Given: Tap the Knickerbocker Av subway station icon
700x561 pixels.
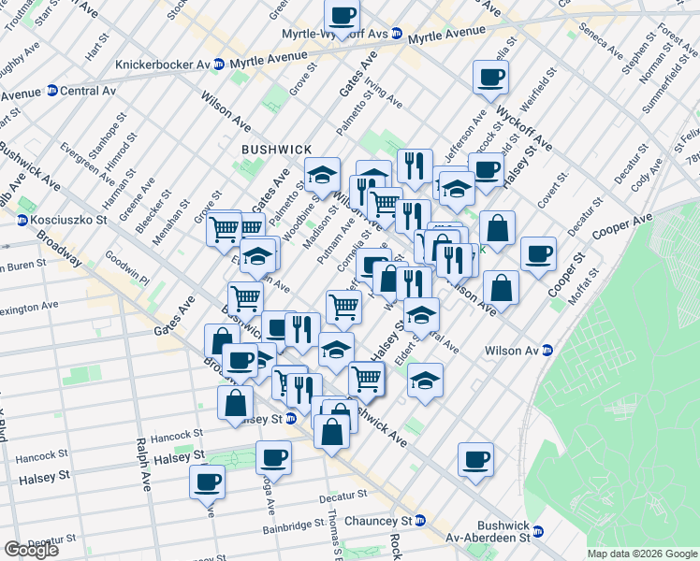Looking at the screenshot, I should pyautogui.click(x=219, y=65).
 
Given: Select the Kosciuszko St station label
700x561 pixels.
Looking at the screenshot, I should pyautogui.click(x=70, y=220).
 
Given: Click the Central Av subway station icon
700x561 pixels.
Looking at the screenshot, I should pyautogui.click(x=52, y=92).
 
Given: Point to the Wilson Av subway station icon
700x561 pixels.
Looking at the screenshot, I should pyautogui.click(x=548, y=351).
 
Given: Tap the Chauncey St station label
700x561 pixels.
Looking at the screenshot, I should pyautogui.click(x=374, y=520).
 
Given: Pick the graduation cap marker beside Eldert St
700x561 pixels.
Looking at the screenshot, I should pyautogui.click(x=425, y=380).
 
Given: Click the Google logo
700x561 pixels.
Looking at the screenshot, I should pyautogui.click(x=31, y=550).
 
